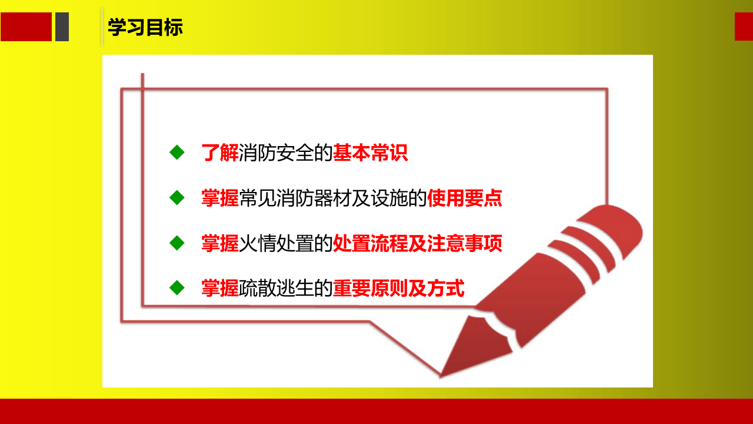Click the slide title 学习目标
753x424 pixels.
tap(145, 27)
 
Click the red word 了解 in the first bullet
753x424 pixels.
tap(220, 153)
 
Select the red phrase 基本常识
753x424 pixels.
tap(370, 153)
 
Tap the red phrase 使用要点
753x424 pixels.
tap(465, 198)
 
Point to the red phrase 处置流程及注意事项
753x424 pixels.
tap(418, 243)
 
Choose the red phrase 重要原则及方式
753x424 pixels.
tap(399, 289)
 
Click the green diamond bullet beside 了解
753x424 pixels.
tap(176, 153)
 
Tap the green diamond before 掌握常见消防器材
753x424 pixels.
tap(176, 198)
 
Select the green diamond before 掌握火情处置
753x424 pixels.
tap(176, 243)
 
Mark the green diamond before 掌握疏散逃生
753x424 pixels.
tap(176, 288)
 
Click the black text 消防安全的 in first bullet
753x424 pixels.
tap(286, 153)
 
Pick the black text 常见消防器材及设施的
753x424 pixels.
tap(333, 198)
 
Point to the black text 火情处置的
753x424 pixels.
tap(286, 243)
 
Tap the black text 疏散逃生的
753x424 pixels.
tap(286, 289)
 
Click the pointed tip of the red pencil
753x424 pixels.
tap(442, 374)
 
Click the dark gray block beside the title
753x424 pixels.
tap(62, 27)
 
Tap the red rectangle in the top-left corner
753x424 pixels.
tap(26, 27)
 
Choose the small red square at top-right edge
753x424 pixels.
tap(744, 26)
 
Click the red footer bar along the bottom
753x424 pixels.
tap(376, 412)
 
